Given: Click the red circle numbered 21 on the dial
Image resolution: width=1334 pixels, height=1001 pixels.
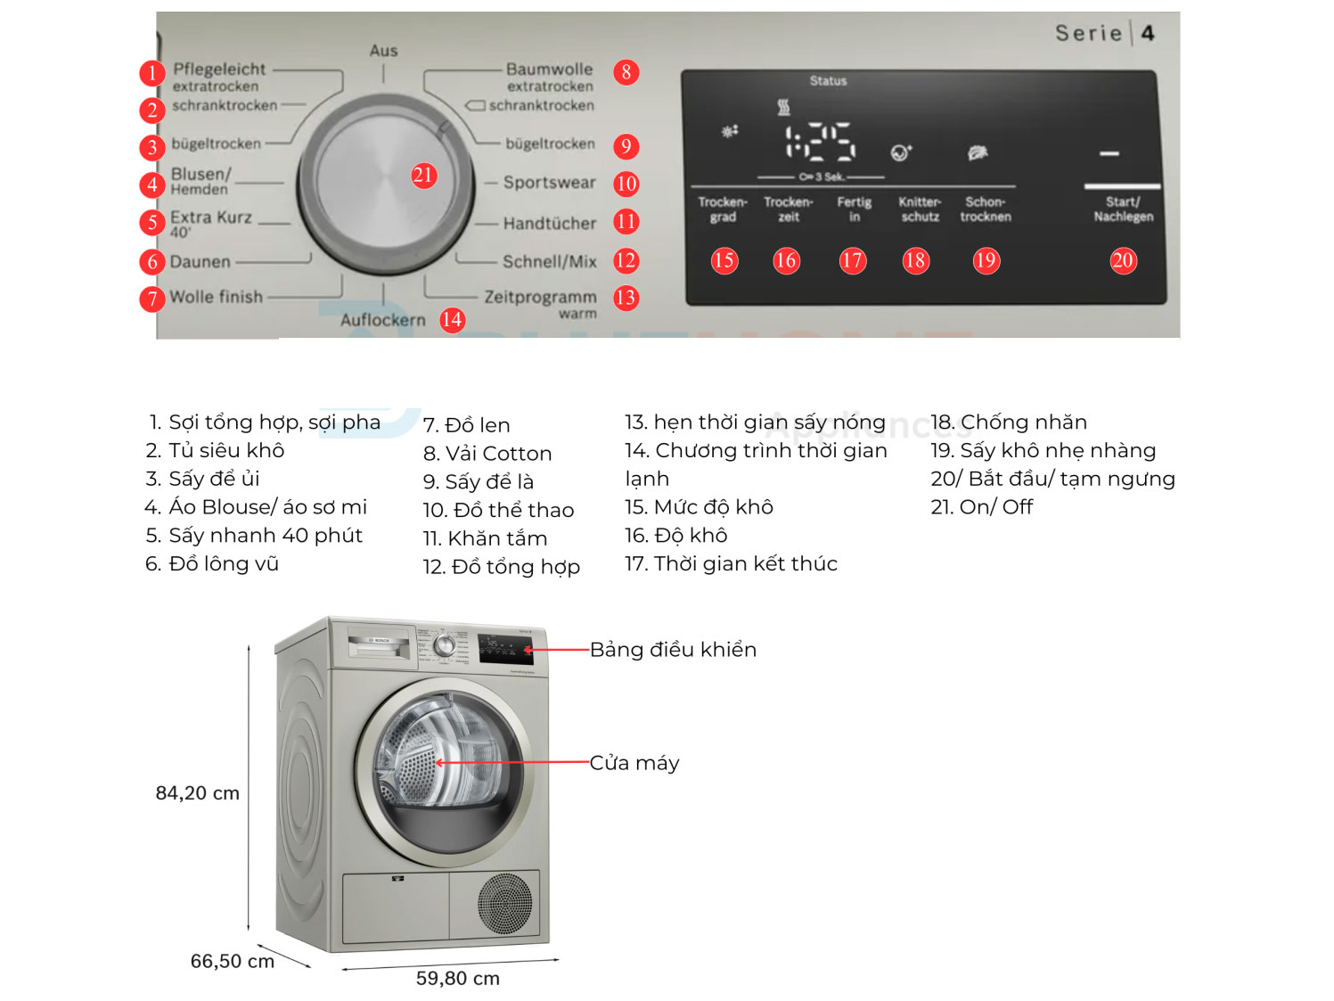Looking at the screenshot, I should pos(423,176).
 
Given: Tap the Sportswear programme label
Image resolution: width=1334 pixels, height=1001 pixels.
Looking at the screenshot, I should pos(549,183).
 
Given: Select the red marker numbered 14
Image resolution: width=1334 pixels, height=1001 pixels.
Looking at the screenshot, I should pos(452,320).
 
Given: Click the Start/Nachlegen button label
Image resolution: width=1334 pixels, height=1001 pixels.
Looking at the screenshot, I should pos(1123,209).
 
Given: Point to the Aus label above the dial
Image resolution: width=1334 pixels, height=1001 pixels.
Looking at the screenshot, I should pos(383,51).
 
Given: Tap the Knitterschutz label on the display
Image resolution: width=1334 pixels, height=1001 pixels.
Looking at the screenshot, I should pos(920,209).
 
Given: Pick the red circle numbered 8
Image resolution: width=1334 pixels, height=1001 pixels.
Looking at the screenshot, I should pos(626,72).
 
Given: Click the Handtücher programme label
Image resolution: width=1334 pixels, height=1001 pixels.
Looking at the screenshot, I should pos(549,224).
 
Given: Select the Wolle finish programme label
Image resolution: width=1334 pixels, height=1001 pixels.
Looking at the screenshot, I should pos(216,297).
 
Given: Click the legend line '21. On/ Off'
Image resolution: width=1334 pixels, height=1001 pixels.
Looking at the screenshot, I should pos(981,507).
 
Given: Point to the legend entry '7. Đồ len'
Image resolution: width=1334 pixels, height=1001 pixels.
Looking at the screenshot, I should pos(466,425).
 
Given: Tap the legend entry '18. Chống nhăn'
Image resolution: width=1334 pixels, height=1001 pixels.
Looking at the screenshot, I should pos(1009,423).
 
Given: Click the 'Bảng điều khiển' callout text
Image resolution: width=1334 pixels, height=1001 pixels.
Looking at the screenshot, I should pos(673,650).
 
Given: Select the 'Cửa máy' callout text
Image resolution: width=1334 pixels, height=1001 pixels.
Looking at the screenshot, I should pos(634,763).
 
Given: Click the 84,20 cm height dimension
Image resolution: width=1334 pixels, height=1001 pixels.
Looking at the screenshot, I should pos(197,793).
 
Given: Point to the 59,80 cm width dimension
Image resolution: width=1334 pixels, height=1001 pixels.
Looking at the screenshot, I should pos(457,979).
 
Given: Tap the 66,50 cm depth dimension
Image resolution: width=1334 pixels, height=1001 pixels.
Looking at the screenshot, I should pos(232,962).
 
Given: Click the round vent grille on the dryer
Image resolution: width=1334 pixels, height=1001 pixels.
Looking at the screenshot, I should pos(505,904).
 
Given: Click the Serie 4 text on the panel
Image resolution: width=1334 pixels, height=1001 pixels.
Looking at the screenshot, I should pos(1104,34).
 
